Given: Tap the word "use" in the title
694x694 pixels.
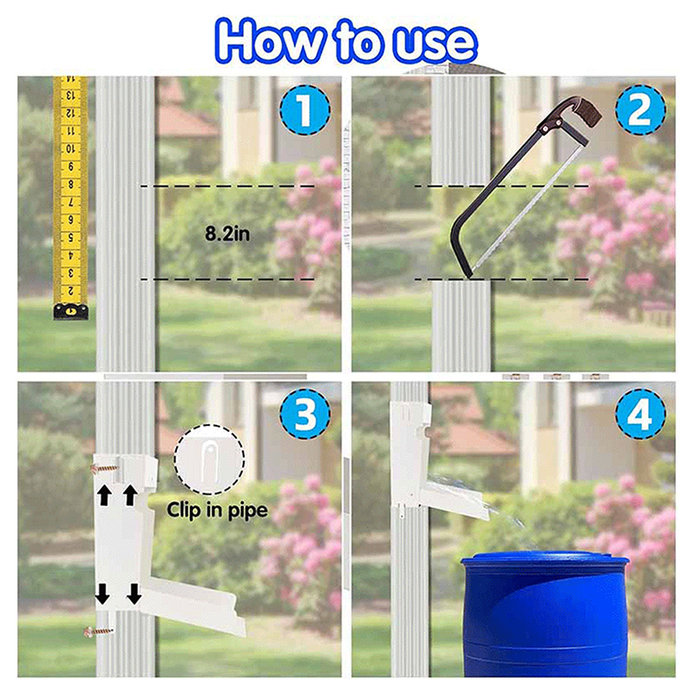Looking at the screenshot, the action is tap(435, 45).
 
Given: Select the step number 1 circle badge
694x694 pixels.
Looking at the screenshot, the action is tap(305, 110).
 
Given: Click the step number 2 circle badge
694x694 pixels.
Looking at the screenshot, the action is tap(640, 110).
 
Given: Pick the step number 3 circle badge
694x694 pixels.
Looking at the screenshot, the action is tap(305, 414).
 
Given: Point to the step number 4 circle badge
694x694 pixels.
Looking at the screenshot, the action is tap(640, 414).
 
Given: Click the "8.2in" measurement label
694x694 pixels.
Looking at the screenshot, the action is tap(227, 233).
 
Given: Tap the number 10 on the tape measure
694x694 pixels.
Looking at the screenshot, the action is tap(70, 148).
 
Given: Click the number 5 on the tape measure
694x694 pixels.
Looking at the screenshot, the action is tap(70, 238).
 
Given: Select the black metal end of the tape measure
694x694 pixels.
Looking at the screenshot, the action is tap(71, 311).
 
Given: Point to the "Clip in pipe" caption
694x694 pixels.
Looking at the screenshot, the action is tap(218, 510).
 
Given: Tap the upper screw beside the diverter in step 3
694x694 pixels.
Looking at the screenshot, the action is tap(105, 468).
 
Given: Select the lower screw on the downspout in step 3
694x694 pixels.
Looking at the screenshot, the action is tap(99, 632).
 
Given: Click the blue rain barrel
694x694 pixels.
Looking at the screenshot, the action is tap(545, 614).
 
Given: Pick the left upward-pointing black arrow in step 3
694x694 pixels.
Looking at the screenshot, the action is tap(104, 494).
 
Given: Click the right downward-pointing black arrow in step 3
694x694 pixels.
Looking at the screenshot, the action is tap(134, 594).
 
